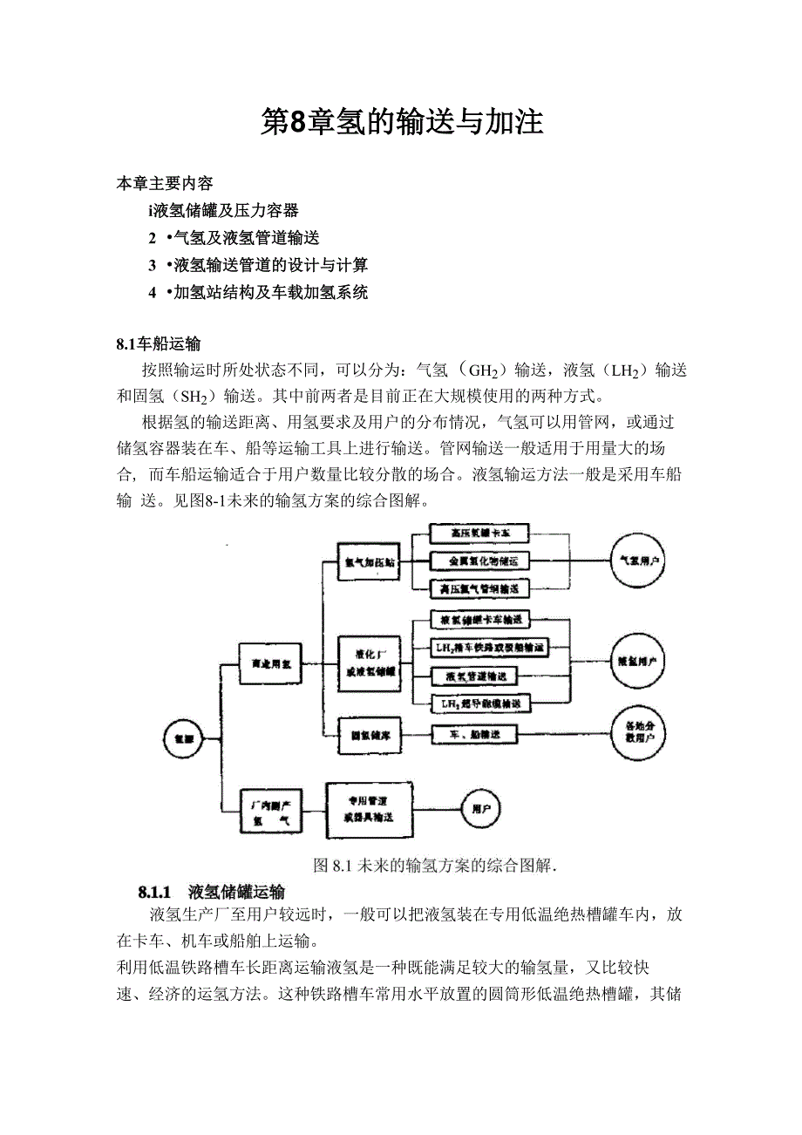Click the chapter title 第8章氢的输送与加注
pyautogui.click(x=402, y=123)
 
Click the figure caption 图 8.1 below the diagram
pyautogui.click(x=434, y=866)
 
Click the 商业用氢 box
pyautogui.click(x=269, y=664)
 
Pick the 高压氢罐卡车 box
pyautogui.click(x=480, y=533)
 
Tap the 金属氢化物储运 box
pyautogui.click(x=480, y=561)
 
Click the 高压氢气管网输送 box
pyautogui.click(x=480, y=589)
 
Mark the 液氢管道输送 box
pyautogui.click(x=480, y=676)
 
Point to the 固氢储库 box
pyautogui.click(x=370, y=735)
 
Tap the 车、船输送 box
pyautogui.click(x=475, y=735)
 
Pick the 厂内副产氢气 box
pyautogui.click(x=269, y=810)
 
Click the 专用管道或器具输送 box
pyautogui.click(x=370, y=809)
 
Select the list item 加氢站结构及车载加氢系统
pyautogui.click(x=270, y=292)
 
